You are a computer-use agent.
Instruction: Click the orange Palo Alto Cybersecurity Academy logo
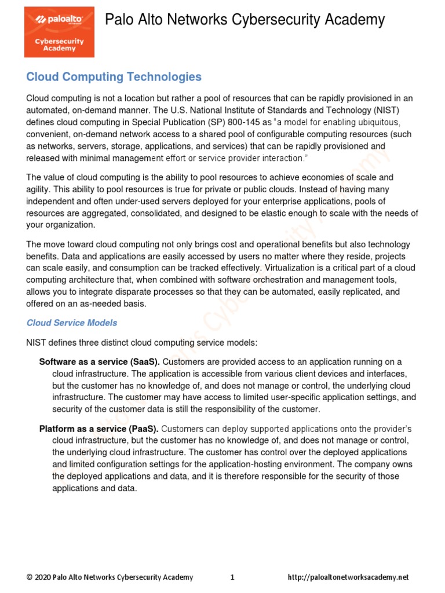59,32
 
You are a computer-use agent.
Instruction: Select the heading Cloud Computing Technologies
114,77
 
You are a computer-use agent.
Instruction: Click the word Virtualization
297,268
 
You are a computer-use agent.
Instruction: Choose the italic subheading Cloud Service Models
72,323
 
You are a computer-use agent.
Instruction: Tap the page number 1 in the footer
232,577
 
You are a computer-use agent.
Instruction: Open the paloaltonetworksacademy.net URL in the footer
348,577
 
